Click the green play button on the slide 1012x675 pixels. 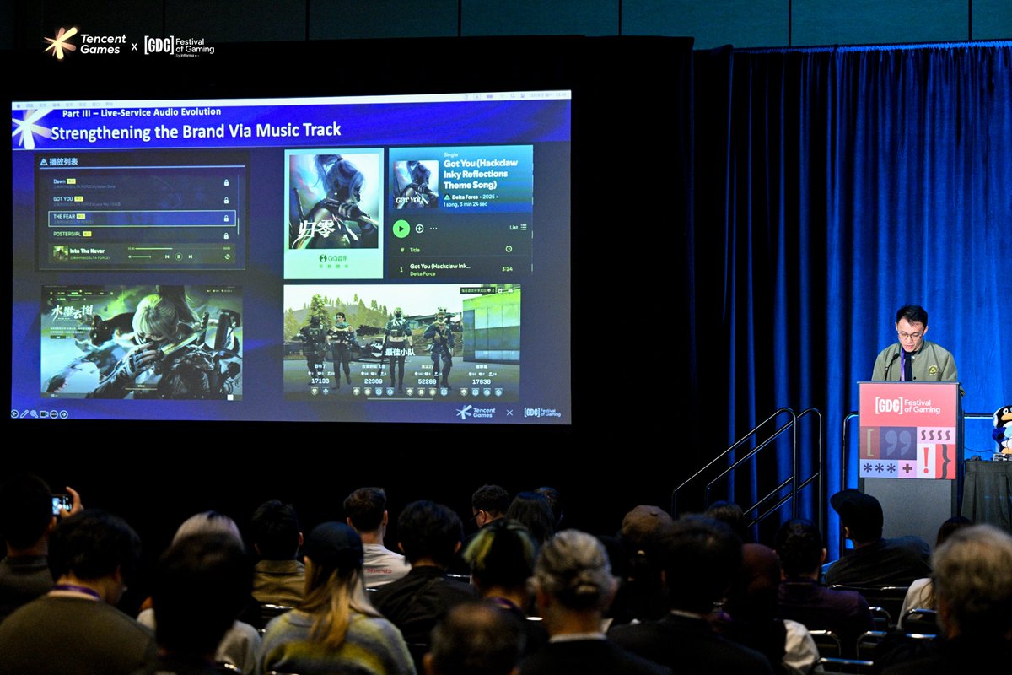401,228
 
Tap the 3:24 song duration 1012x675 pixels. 508,269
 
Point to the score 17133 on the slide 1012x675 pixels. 320,381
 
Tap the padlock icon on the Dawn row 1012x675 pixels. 226,182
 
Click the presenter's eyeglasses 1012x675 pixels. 911,334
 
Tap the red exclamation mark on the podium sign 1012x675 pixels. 927,462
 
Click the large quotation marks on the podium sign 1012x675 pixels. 902,440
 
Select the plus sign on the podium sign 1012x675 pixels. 907,467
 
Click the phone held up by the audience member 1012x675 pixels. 61,504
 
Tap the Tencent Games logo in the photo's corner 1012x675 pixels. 84,43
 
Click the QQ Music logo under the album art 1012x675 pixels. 333,257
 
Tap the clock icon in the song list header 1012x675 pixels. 509,249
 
